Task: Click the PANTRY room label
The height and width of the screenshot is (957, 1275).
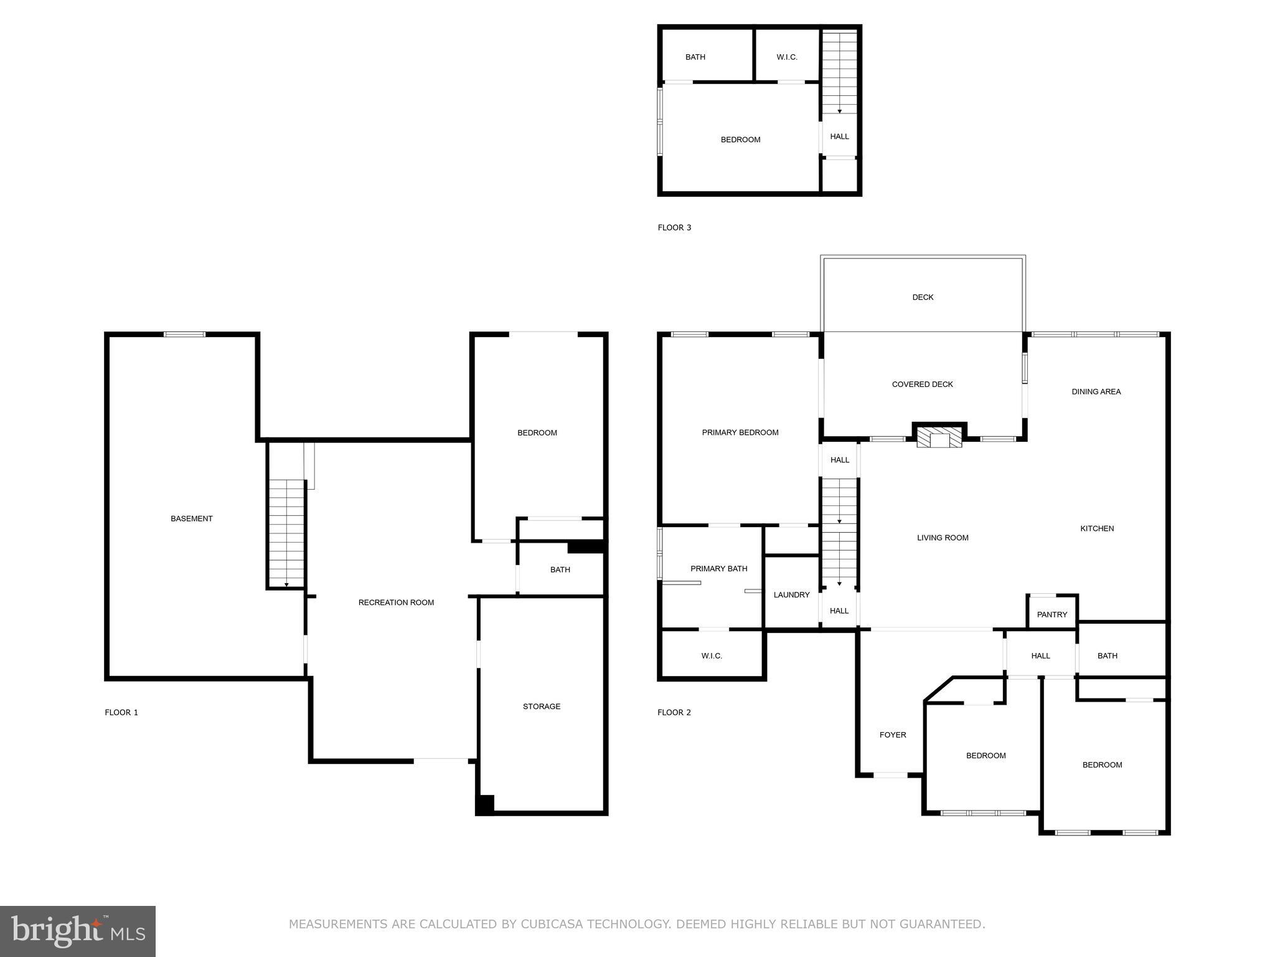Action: [x=1052, y=614]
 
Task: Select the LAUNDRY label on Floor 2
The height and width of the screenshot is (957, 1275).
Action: [x=791, y=595]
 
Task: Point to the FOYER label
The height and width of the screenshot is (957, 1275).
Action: [x=892, y=735]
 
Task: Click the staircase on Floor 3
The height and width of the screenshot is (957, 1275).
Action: [x=839, y=72]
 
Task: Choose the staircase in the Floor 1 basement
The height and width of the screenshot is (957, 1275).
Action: [x=286, y=533]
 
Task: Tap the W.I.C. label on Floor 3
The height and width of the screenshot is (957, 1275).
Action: [x=786, y=57]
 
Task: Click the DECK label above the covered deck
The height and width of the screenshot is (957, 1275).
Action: [x=923, y=297]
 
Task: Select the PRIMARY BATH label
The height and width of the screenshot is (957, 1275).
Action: [x=718, y=568]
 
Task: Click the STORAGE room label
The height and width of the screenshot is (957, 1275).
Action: [x=541, y=707]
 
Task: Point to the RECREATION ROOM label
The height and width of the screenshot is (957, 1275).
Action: [x=396, y=602]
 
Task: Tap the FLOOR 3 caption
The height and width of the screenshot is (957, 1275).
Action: [x=674, y=227]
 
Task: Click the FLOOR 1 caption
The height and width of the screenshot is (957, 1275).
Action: [x=121, y=712]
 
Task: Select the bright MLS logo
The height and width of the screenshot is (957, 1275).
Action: [x=78, y=931]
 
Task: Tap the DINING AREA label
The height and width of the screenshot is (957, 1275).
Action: [x=1096, y=392]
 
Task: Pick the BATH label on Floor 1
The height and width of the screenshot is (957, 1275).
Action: [x=560, y=569]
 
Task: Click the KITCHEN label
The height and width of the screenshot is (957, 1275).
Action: [x=1096, y=528]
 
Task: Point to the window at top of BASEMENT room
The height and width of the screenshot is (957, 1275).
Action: [x=184, y=335]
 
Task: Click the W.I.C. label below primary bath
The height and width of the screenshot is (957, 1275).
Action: [x=711, y=656]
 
